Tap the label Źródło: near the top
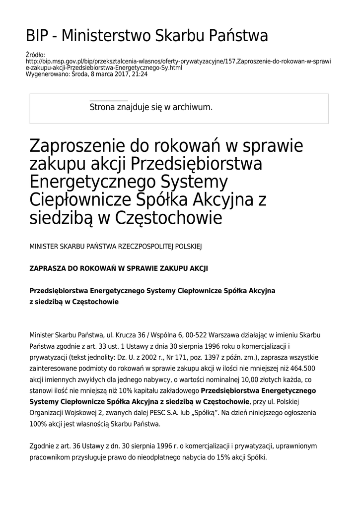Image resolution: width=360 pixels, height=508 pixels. coord(35,55)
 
